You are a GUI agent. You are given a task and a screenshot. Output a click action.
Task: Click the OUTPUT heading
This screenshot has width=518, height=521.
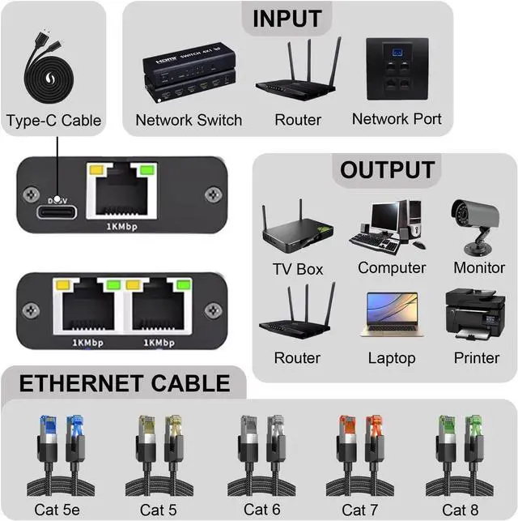[x=387, y=170]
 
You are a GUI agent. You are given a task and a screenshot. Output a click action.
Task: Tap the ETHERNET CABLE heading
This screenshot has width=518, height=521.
[x=125, y=382]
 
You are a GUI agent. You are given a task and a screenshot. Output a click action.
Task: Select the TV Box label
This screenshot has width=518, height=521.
[x=297, y=269]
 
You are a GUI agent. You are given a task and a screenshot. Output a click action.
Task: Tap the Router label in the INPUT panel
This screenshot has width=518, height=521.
[x=298, y=120]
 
